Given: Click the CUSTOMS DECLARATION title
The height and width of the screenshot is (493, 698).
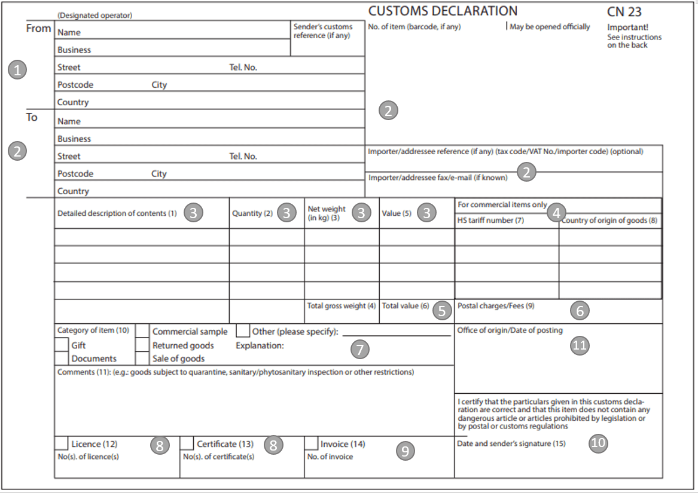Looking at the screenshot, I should pyautogui.click(x=443, y=11).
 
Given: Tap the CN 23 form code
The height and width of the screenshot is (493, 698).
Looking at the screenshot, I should pyautogui.click(x=624, y=11).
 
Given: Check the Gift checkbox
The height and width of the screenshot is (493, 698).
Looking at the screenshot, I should pyautogui.click(x=61, y=345).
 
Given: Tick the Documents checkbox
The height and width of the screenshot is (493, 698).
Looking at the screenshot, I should pyautogui.click(x=61, y=358).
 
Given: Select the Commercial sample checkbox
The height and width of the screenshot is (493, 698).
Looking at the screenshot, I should pyautogui.click(x=142, y=331).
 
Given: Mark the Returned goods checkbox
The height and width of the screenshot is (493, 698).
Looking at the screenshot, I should pyautogui.click(x=142, y=345).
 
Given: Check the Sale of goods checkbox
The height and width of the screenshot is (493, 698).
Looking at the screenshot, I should pyautogui.click(x=142, y=358).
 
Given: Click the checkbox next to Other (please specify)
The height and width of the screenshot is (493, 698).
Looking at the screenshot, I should pyautogui.click(x=243, y=331).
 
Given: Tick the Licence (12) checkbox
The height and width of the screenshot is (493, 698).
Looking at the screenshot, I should pyautogui.click(x=61, y=443).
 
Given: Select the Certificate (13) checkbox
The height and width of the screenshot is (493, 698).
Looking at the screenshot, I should pyautogui.click(x=187, y=443).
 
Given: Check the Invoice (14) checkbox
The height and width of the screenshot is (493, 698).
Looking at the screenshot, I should pyautogui.click(x=311, y=443).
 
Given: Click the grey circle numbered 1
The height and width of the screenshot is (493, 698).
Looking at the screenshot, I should pyautogui.click(x=17, y=70).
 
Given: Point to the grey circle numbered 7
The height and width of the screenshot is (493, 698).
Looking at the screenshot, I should pyautogui.click(x=359, y=350).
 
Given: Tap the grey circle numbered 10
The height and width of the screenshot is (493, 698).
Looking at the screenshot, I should pyautogui.click(x=597, y=443).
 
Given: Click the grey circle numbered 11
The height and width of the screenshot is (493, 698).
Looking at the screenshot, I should pyautogui.click(x=580, y=345).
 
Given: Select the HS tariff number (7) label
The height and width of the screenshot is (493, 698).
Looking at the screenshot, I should pyautogui.click(x=490, y=221).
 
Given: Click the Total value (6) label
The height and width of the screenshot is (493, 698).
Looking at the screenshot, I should pyautogui.click(x=406, y=306).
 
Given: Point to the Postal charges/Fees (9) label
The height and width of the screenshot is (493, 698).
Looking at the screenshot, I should pyautogui.click(x=496, y=306).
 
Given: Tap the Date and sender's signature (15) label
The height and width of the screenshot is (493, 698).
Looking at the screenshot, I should pyautogui.click(x=511, y=444).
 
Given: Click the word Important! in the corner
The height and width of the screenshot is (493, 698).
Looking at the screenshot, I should pyautogui.click(x=627, y=27).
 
